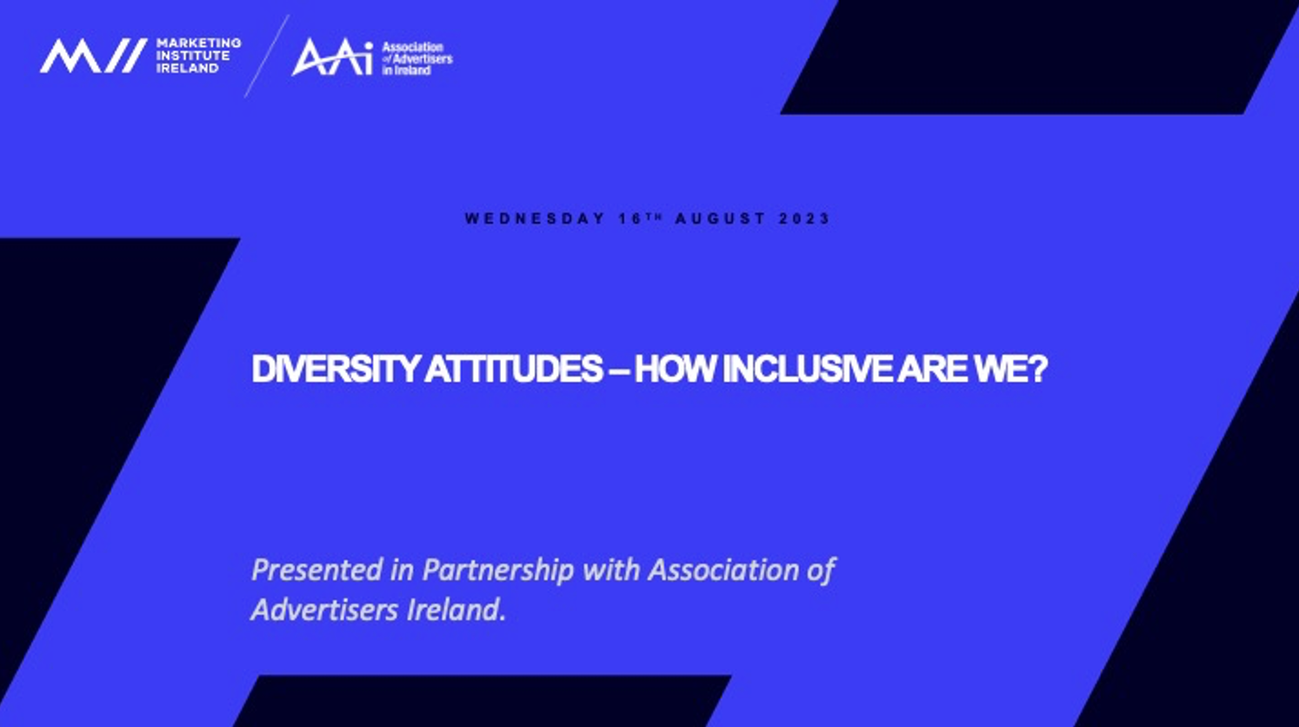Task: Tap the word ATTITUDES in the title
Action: (514, 369)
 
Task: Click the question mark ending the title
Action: (1038, 369)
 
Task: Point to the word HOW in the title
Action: (676, 369)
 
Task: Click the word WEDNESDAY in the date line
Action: (535, 219)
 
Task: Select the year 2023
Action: (804, 219)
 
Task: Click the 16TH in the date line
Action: (640, 218)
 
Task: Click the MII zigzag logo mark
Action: (93, 56)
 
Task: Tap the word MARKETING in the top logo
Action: (199, 43)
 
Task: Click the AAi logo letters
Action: (332, 57)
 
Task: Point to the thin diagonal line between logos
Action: (267, 57)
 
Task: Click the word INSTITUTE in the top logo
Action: (193, 56)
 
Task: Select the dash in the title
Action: (619, 370)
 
